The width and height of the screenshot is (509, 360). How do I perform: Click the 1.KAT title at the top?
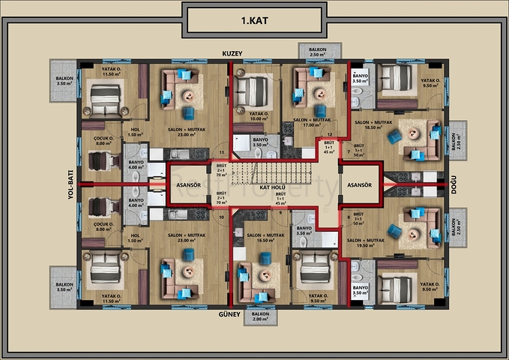(x=255, y=20)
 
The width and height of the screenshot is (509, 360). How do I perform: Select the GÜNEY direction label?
(x=229, y=315)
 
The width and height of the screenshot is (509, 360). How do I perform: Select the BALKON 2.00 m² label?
(x=260, y=316)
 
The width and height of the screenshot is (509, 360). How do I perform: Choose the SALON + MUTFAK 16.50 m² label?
(x=264, y=238)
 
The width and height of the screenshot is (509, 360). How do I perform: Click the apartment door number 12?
(x=330, y=135)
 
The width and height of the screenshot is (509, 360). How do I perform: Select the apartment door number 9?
(x=280, y=213)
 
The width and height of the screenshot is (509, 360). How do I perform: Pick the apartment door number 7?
(x=349, y=151)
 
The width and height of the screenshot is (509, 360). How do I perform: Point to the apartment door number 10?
(x=221, y=217)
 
